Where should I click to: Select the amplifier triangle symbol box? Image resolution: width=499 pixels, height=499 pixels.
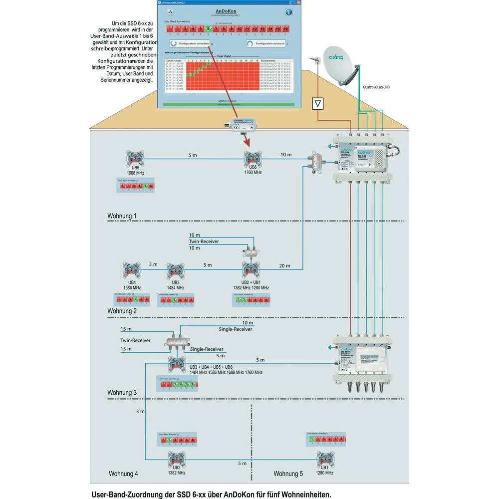[318, 104]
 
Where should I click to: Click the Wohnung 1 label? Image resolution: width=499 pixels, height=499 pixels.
[122, 216]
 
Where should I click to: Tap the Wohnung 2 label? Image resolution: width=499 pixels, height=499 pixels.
[122, 311]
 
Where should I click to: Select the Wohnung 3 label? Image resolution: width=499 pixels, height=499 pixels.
[122, 393]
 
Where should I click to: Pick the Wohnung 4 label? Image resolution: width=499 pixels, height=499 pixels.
[123, 474]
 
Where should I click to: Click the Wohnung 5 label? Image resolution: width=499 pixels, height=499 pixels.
[288, 474]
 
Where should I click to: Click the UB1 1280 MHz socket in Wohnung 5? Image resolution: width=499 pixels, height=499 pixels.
[324, 458]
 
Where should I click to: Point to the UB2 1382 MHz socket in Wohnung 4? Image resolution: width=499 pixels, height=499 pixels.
[176, 458]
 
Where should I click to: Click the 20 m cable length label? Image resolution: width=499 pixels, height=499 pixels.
[284, 266]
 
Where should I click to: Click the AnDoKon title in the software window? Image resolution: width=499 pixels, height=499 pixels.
[230, 11]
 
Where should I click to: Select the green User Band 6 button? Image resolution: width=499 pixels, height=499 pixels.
[208, 29]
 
